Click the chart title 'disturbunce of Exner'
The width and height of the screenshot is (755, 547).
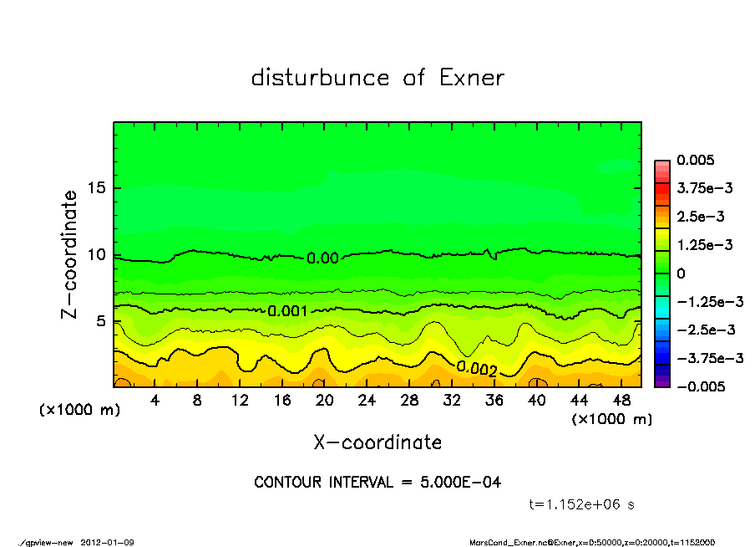coord(377,78)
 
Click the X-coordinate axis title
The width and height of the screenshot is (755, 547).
coord(377,442)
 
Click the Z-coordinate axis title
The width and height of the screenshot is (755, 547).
coord(69,253)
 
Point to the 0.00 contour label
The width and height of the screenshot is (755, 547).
coord(322,258)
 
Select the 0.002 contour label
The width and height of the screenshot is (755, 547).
coord(477,369)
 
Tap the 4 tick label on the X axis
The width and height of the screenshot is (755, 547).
coord(155,401)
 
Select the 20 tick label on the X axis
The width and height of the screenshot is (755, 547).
coord(325,401)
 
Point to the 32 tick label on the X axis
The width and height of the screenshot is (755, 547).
coord(452,401)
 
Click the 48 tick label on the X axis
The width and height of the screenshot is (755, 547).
coord(621,401)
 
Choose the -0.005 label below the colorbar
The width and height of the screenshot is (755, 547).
coord(702,386)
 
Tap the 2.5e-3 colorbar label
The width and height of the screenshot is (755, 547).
coord(702,217)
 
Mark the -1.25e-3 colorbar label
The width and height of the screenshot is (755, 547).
coord(705,301)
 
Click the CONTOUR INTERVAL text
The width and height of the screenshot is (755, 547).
coord(377,483)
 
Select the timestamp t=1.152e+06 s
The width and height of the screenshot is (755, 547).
coord(584,504)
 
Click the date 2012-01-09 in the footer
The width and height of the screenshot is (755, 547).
coord(108,542)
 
